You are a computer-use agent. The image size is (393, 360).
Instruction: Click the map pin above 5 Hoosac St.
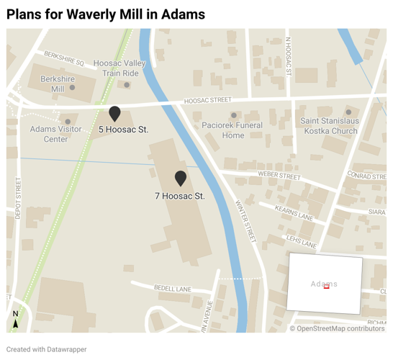(x=114, y=113)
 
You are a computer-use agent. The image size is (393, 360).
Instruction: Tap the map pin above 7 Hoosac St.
(x=181, y=178)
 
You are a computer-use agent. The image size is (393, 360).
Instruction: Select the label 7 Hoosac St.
(x=180, y=196)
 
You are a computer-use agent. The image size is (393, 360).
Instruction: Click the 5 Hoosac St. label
(x=124, y=130)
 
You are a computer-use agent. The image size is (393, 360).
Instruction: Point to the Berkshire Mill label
(x=53, y=84)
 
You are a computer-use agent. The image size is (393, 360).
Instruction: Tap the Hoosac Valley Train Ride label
(x=119, y=68)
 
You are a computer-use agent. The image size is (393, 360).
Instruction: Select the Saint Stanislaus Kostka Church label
(x=329, y=126)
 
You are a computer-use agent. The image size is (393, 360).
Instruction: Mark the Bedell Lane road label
(x=173, y=289)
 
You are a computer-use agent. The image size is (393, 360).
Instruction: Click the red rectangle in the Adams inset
(x=327, y=287)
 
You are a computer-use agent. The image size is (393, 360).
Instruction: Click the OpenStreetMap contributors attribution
(x=337, y=328)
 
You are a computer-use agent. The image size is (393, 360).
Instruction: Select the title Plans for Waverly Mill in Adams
(x=106, y=14)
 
